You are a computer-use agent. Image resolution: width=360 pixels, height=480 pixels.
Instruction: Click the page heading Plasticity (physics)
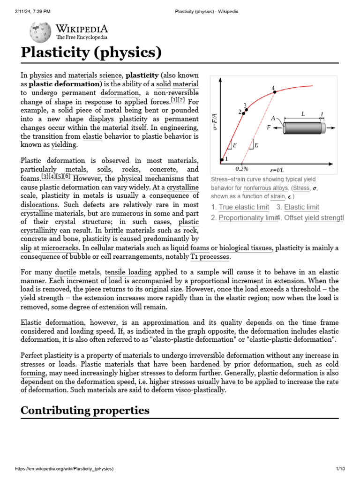click(91, 52)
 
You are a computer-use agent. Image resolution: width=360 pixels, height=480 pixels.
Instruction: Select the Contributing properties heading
click(85, 411)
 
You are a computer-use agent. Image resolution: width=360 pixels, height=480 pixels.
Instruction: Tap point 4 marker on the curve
click(275, 92)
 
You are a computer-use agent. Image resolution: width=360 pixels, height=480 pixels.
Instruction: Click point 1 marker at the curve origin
click(222, 160)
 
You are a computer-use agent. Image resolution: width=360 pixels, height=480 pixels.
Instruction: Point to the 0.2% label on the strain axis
click(242, 169)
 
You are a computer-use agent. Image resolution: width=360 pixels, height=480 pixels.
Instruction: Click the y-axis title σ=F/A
click(215, 121)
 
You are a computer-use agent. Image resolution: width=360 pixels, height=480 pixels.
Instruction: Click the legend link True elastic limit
click(244, 207)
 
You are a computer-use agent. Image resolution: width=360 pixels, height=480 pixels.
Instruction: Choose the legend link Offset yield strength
click(314, 217)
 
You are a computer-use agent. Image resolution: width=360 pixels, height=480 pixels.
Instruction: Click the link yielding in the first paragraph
click(64, 145)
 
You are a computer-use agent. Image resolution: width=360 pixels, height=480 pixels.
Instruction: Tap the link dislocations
click(39, 205)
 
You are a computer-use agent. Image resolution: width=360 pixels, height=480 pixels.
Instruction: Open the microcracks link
click(60, 247)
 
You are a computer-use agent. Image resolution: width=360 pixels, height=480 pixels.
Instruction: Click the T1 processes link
click(210, 257)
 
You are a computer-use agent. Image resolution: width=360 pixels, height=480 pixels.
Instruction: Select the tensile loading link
click(128, 272)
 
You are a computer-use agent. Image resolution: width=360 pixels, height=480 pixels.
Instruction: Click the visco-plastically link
click(200, 390)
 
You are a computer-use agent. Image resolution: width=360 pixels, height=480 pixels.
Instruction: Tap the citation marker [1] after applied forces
click(174, 100)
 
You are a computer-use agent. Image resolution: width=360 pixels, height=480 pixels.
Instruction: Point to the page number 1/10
click(340, 469)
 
